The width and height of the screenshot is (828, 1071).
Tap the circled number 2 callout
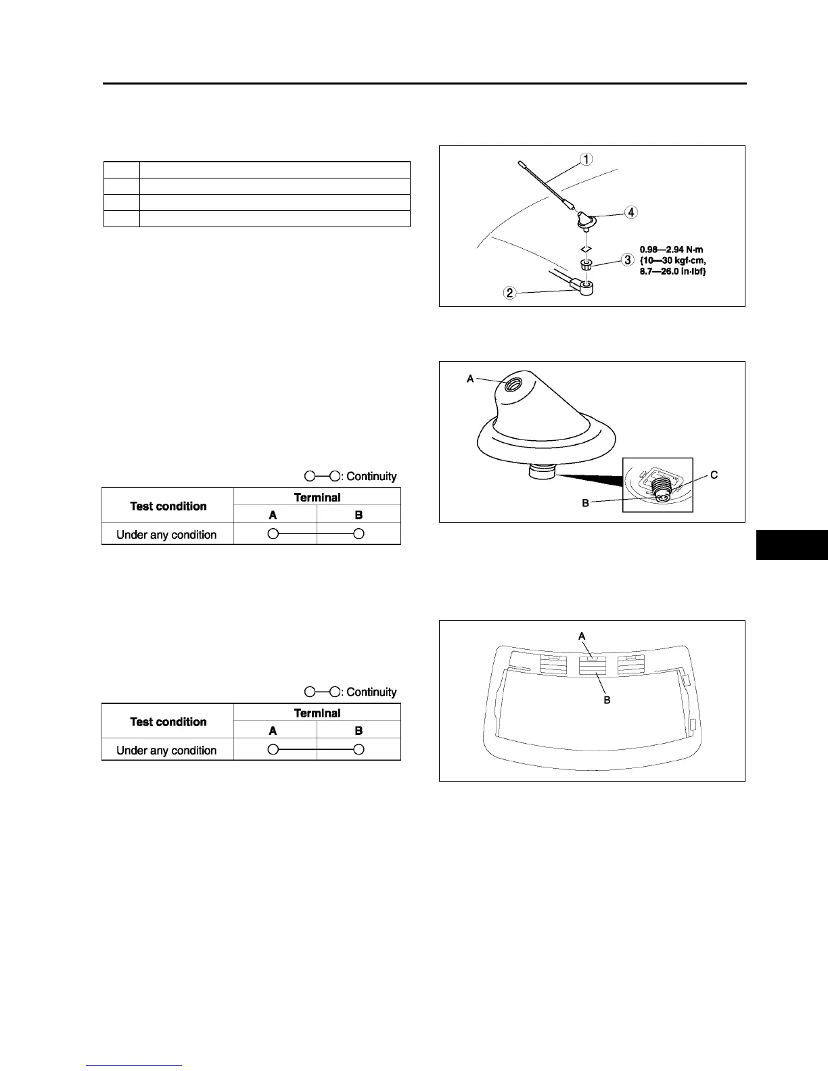pos(511,293)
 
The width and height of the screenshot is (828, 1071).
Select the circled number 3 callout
pos(628,260)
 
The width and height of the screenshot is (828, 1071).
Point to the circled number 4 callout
pos(630,212)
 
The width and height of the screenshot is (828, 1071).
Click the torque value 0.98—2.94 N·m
pos(671,250)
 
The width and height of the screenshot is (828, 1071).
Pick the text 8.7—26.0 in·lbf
pos(673,271)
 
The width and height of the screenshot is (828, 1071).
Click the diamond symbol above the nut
pos(586,247)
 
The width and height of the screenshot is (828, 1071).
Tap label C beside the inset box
pos(714,475)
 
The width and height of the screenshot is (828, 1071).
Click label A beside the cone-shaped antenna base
pos(470,379)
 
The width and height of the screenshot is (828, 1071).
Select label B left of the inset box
pos(585,502)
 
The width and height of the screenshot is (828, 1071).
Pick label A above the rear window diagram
pos(581,636)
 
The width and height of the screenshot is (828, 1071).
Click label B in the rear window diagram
pos(607,700)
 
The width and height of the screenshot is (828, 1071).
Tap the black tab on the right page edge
pos(791,545)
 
